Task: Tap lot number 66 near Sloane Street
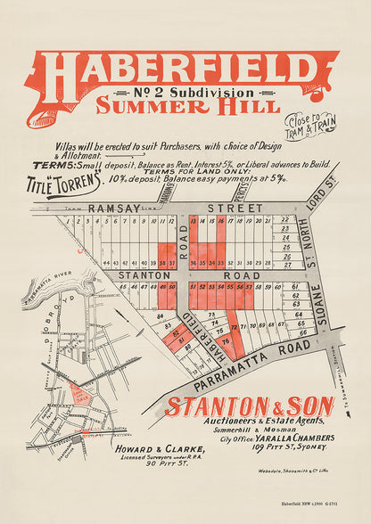(302, 333)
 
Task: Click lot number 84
(161, 315)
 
